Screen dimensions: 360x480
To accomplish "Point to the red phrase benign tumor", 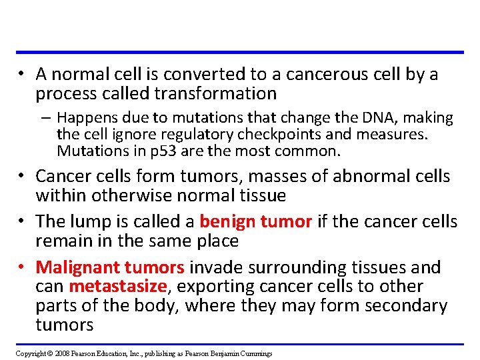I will (x=255, y=221).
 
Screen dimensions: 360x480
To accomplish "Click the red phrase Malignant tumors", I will (x=110, y=268).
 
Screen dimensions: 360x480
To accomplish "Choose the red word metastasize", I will (x=117, y=287).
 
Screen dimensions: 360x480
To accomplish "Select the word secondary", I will (x=405, y=306).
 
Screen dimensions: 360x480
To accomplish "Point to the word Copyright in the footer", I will (x=31, y=353).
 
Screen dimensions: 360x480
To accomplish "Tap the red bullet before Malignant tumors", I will (x=23, y=268).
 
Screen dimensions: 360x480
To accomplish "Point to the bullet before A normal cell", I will (x=23, y=75).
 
